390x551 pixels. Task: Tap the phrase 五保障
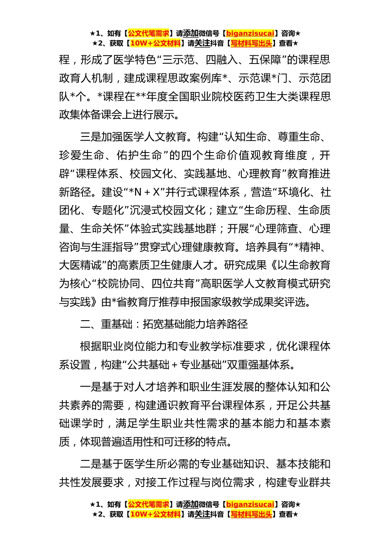(265, 60)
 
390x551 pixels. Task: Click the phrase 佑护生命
(139, 155)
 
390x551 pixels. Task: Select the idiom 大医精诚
(80, 265)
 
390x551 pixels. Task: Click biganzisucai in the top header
(250, 33)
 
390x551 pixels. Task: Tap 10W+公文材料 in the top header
(155, 43)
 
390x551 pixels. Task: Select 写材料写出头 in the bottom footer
(251, 514)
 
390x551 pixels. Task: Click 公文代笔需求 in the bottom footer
(149, 504)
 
